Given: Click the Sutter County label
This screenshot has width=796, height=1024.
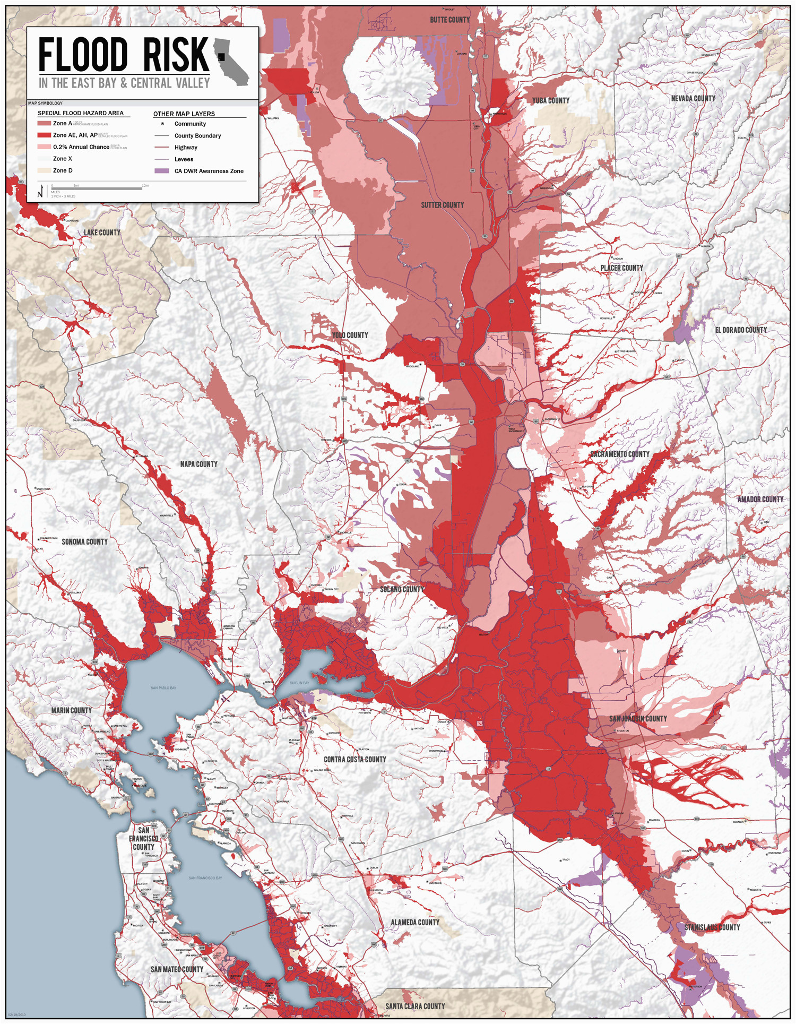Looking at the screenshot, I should click(442, 205).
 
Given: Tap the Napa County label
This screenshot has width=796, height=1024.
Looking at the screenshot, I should click(198, 464).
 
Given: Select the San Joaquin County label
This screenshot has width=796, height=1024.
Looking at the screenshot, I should click(638, 718).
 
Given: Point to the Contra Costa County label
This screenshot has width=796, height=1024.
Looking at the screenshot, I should click(355, 760).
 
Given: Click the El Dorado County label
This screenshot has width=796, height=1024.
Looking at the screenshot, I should click(741, 330).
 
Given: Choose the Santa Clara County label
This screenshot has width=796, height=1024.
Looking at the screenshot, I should click(415, 1006).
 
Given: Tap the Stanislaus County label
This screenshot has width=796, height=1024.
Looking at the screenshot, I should click(712, 927).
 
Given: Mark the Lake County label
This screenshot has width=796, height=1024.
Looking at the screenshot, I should click(102, 233).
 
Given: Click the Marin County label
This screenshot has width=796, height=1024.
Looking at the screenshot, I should click(72, 710).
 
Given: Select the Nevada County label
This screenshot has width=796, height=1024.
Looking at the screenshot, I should click(693, 98).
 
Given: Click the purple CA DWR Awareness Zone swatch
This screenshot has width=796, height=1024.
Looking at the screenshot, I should click(162, 171).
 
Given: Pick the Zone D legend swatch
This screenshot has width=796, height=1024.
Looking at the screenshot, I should click(44, 170).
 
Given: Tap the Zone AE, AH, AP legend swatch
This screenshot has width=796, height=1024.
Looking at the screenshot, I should click(44, 135).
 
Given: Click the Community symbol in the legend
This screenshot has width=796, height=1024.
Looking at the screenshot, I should click(162, 124).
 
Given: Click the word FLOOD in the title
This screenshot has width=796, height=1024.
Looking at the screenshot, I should click(83, 55).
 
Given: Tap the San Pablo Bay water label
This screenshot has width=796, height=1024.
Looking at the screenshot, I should click(163, 688).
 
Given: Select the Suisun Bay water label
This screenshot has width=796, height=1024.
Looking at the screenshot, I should click(299, 683).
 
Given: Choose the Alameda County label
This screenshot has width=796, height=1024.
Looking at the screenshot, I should click(415, 922).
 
